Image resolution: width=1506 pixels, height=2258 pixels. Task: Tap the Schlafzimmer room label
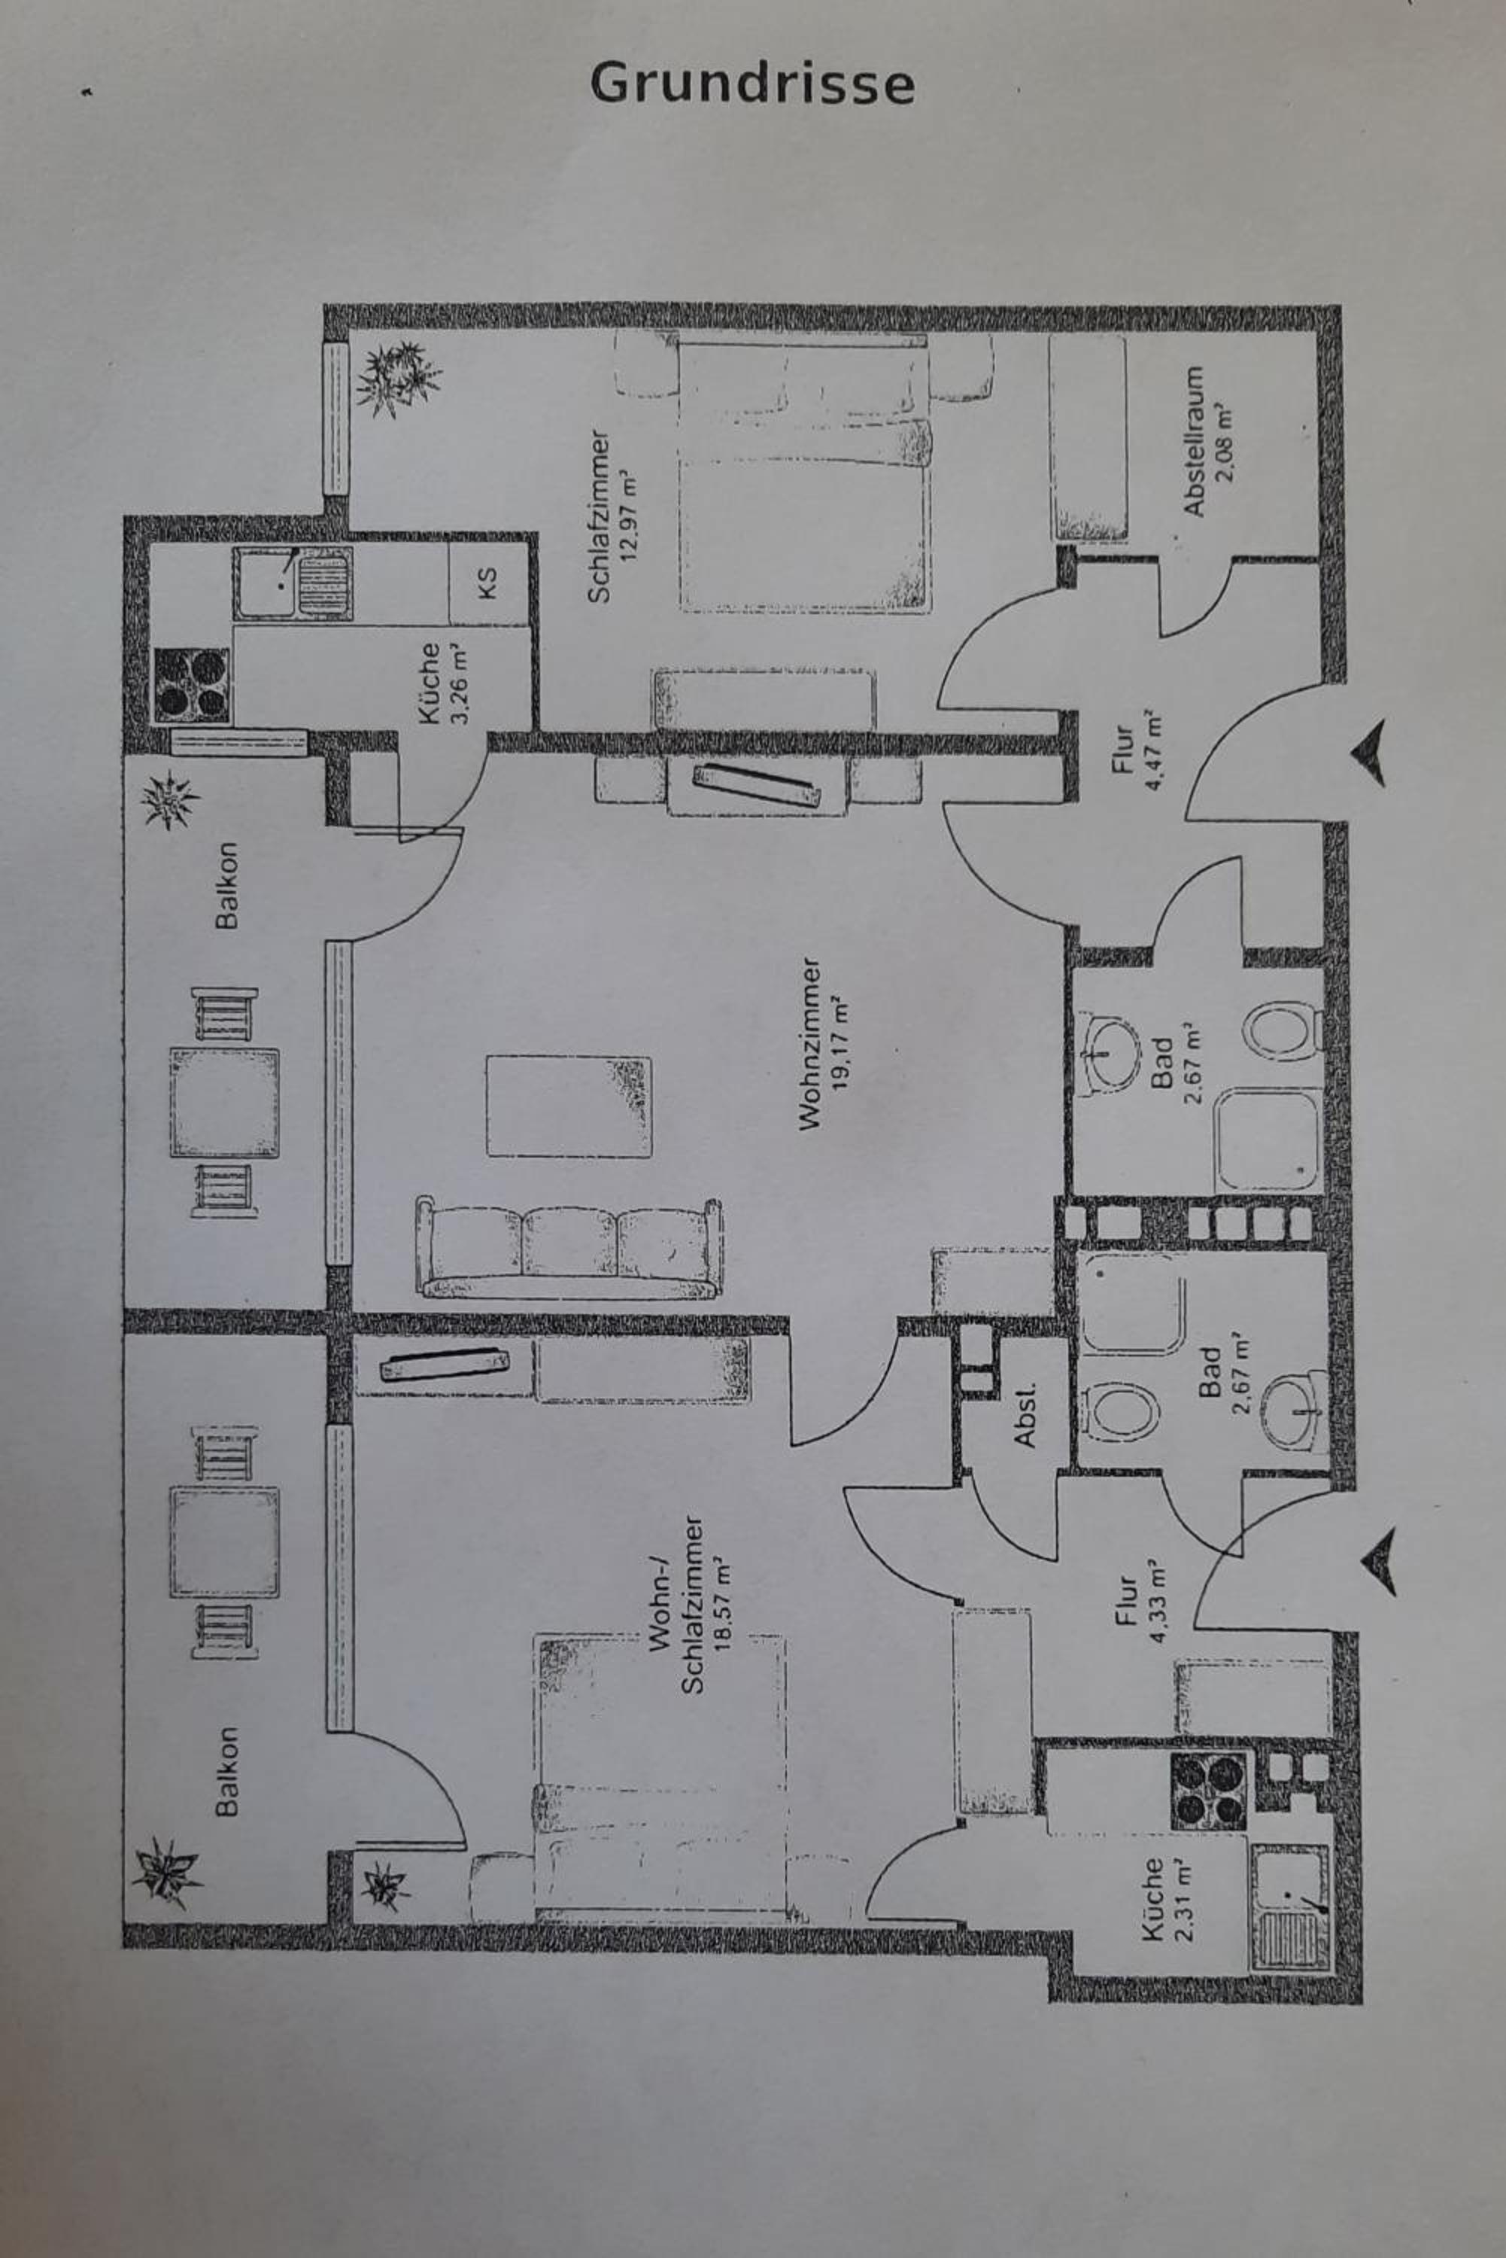click(600, 516)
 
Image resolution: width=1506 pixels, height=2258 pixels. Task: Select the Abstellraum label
click(1193, 441)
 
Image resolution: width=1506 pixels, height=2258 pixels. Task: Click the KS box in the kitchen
click(488, 583)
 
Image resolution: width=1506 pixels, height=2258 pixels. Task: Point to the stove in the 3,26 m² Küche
click(192, 684)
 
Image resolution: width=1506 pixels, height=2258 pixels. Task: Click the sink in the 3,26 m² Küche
click(292, 583)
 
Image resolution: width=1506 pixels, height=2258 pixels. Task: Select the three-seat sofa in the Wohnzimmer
click(569, 1248)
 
